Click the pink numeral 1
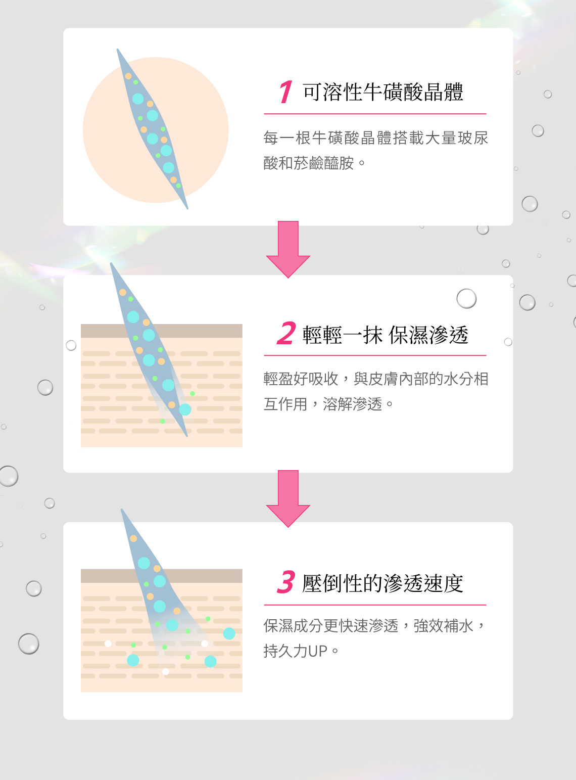[286, 91]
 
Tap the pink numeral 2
[286, 333]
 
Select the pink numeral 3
[286, 582]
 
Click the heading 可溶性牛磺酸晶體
[382, 92]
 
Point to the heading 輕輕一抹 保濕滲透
[385, 335]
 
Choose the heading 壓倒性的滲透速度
[382, 583]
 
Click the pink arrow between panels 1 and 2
[288, 249]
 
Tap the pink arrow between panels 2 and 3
[288, 498]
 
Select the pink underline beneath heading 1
[375, 114]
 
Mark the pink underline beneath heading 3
[375, 605]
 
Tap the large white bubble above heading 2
[466, 299]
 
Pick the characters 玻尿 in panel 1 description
[472, 138]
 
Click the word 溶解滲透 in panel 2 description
[352, 404]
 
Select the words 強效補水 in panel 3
[443, 626]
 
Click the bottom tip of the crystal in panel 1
[187, 209]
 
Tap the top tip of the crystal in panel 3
[122, 509]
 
